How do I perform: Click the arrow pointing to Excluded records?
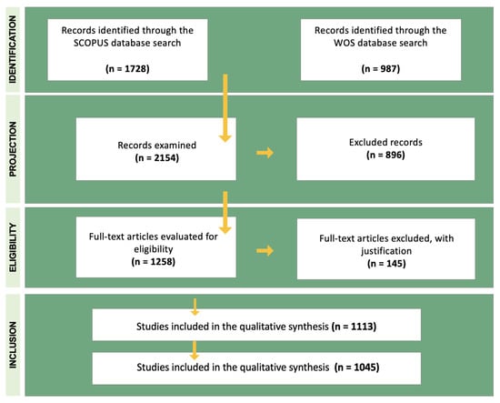[265, 150]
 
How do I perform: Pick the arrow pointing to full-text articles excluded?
[265, 249]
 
